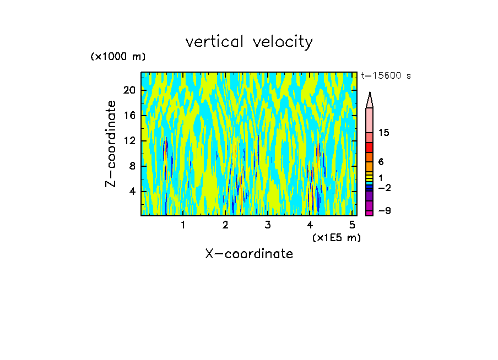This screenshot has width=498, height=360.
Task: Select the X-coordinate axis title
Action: (x=249, y=254)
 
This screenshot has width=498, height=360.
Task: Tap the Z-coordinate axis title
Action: (x=111, y=144)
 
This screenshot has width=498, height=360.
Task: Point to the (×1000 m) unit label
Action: (x=118, y=57)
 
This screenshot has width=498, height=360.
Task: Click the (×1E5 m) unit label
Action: (x=336, y=238)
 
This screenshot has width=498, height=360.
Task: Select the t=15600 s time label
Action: (x=386, y=76)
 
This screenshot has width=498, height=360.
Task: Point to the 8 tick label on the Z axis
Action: (x=132, y=166)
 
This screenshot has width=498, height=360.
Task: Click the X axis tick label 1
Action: (x=183, y=225)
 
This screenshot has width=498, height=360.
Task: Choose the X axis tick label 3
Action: (x=268, y=225)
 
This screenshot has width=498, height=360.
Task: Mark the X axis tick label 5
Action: (x=353, y=225)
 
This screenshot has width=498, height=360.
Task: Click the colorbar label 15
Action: (x=384, y=133)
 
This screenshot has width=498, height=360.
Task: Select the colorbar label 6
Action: (x=381, y=162)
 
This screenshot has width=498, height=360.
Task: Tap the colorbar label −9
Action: (x=384, y=211)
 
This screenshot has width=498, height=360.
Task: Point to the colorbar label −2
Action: (x=384, y=188)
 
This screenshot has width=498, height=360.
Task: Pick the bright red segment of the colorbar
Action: (x=370, y=148)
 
